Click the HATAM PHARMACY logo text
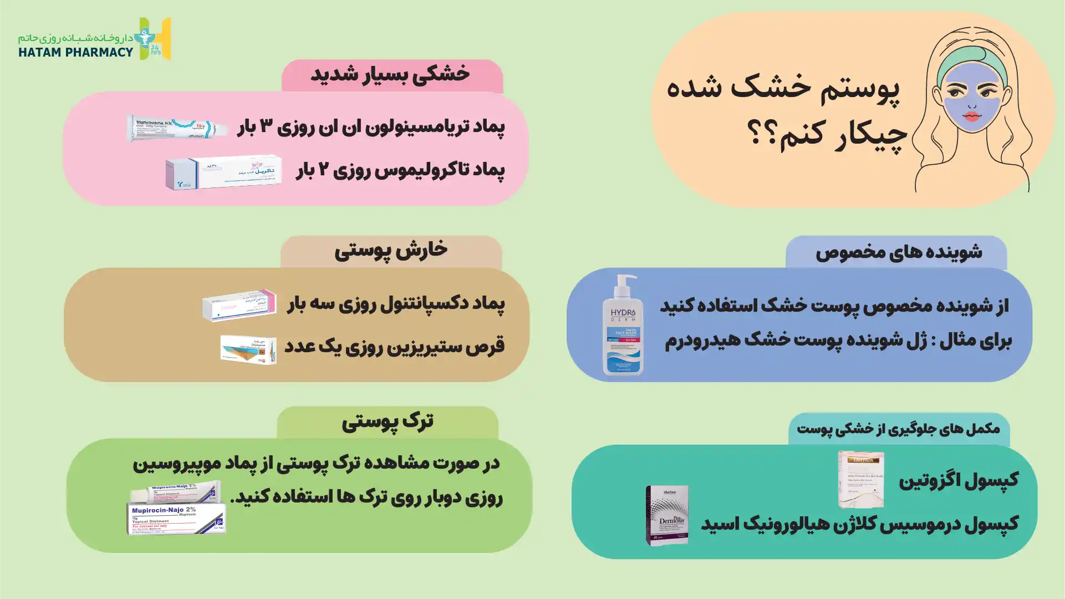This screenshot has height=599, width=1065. click(75, 52)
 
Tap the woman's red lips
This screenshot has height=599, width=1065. click(972, 116)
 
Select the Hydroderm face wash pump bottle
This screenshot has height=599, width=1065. click(623, 326)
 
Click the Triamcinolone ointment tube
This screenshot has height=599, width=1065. click(176, 128)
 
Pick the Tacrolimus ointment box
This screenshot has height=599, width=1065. click(223, 172)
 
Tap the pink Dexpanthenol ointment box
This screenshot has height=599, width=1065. click(239, 305)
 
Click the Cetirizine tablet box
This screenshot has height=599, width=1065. click(248, 349)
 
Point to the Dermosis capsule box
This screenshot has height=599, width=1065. click(667, 515)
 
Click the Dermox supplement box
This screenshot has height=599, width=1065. click(860, 479)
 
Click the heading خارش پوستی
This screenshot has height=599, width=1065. click(391, 251)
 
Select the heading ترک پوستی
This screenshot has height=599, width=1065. click(388, 422)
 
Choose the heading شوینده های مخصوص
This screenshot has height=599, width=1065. click(898, 252)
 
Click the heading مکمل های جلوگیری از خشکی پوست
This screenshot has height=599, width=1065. click(898, 429)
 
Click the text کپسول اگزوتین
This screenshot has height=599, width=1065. click(958, 480)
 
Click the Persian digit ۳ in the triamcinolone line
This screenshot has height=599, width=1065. click(267, 127)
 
